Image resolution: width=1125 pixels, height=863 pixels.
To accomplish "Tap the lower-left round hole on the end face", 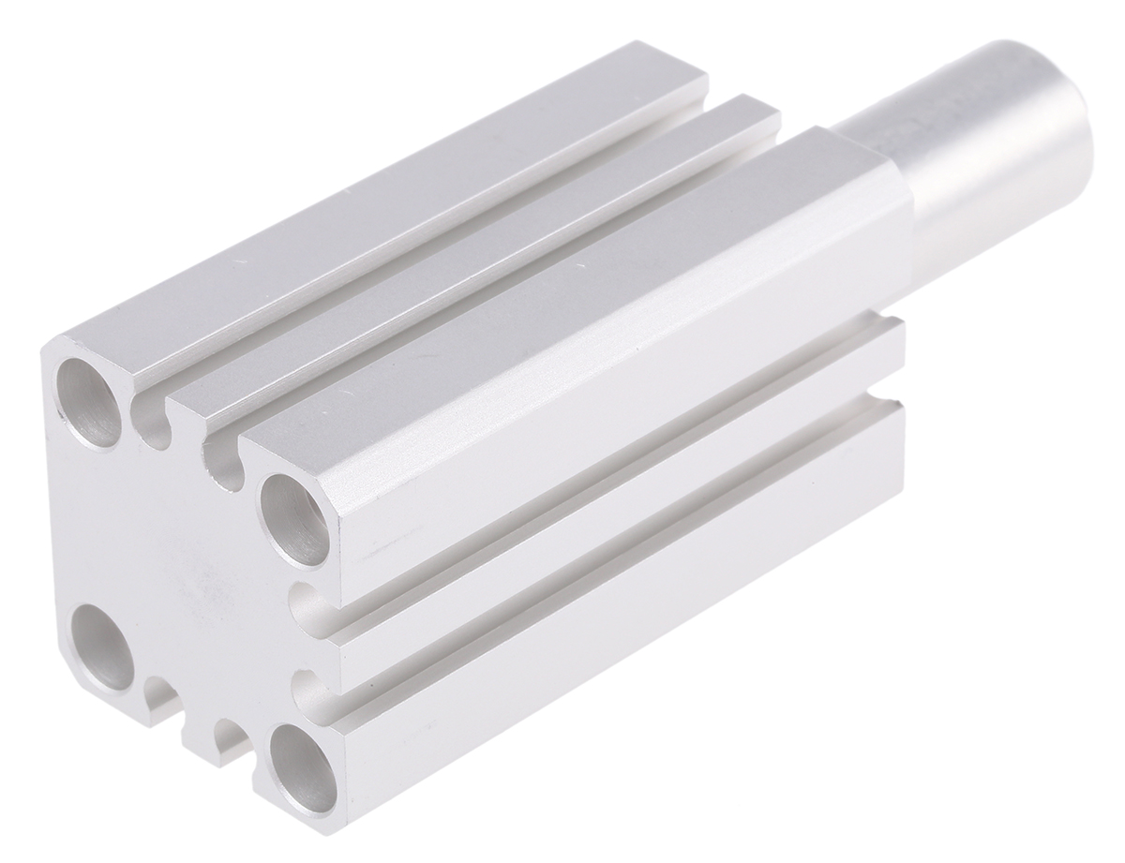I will pos(102,647).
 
